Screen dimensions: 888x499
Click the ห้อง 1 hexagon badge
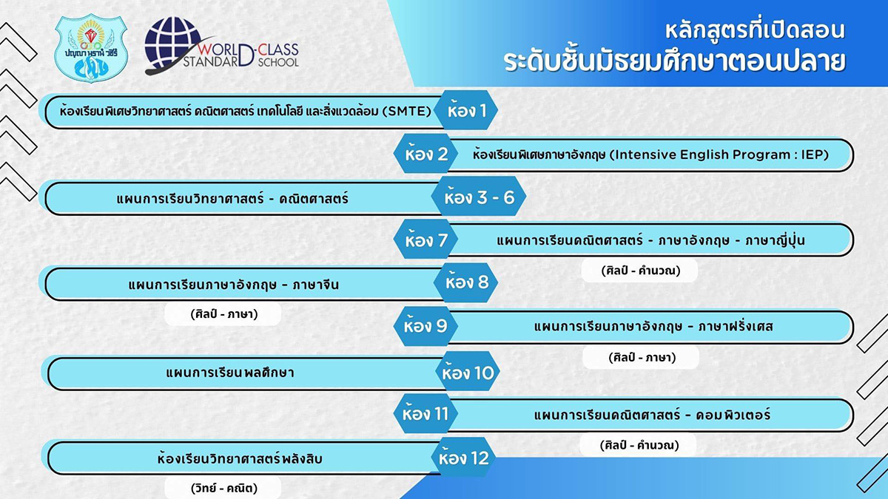pos(466,110)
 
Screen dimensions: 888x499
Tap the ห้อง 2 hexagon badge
pos(425,153)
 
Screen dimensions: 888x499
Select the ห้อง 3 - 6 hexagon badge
pos(479,197)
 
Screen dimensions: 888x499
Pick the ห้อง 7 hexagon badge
pos(425,240)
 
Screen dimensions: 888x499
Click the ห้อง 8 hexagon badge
pos(466,282)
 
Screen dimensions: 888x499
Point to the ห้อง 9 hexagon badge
pos(425,326)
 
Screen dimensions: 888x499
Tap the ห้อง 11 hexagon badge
pos(425,413)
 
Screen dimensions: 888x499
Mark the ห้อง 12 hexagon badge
pos(463,457)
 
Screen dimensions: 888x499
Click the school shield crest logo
pos(91,48)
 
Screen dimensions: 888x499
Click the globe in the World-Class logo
pos(173,44)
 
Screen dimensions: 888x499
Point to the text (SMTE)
pos(407,111)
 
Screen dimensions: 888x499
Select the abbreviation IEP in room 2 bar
pos(815,155)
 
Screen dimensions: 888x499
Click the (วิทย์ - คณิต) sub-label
pos(224,488)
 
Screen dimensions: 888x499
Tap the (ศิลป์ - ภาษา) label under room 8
pos(224,314)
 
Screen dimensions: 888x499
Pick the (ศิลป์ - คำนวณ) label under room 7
pos(640,271)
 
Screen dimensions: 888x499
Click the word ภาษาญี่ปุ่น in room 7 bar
pos(775,240)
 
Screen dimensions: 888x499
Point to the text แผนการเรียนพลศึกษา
pos(230,373)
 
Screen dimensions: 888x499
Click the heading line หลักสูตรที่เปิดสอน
pos(756,31)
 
